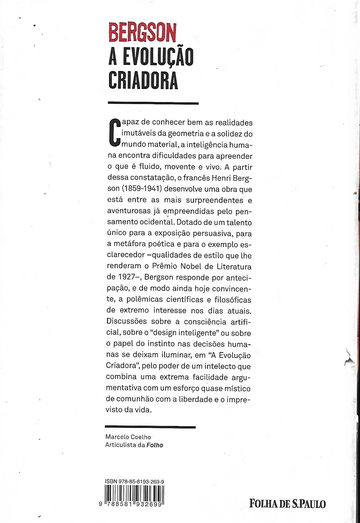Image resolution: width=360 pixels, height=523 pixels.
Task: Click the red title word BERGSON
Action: (142, 33)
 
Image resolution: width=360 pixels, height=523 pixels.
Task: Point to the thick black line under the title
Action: (153, 103)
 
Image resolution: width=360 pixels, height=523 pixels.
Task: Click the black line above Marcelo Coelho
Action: (150, 427)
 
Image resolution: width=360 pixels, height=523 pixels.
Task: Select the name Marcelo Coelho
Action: (128, 437)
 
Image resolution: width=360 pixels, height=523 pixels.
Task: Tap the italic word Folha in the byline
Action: (155, 445)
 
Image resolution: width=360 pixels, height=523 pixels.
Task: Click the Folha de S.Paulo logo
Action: (288, 504)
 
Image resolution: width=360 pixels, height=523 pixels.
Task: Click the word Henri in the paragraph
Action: (221, 178)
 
